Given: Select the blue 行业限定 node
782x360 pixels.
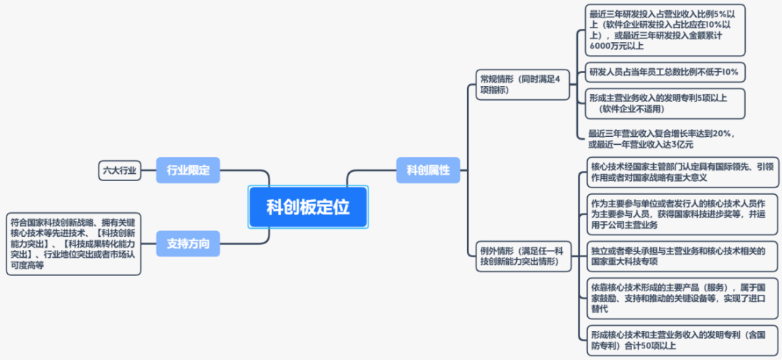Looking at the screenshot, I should coord(188,170).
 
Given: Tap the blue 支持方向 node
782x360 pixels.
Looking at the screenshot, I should coord(188,243).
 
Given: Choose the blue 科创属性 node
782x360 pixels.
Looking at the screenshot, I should coord(428,170).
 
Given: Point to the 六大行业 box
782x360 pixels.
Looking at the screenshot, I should coord(118,170).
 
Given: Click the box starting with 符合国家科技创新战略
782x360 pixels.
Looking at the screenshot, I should coord(73,243).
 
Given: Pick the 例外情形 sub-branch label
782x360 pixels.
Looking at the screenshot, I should coord(520,255).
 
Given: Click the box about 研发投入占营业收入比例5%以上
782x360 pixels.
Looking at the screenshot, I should coord(665,30).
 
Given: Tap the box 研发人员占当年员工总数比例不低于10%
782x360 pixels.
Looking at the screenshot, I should coord(664,72).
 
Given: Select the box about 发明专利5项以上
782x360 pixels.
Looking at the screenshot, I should coord(664,103).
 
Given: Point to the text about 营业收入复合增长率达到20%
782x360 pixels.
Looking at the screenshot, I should coord(662,138).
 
